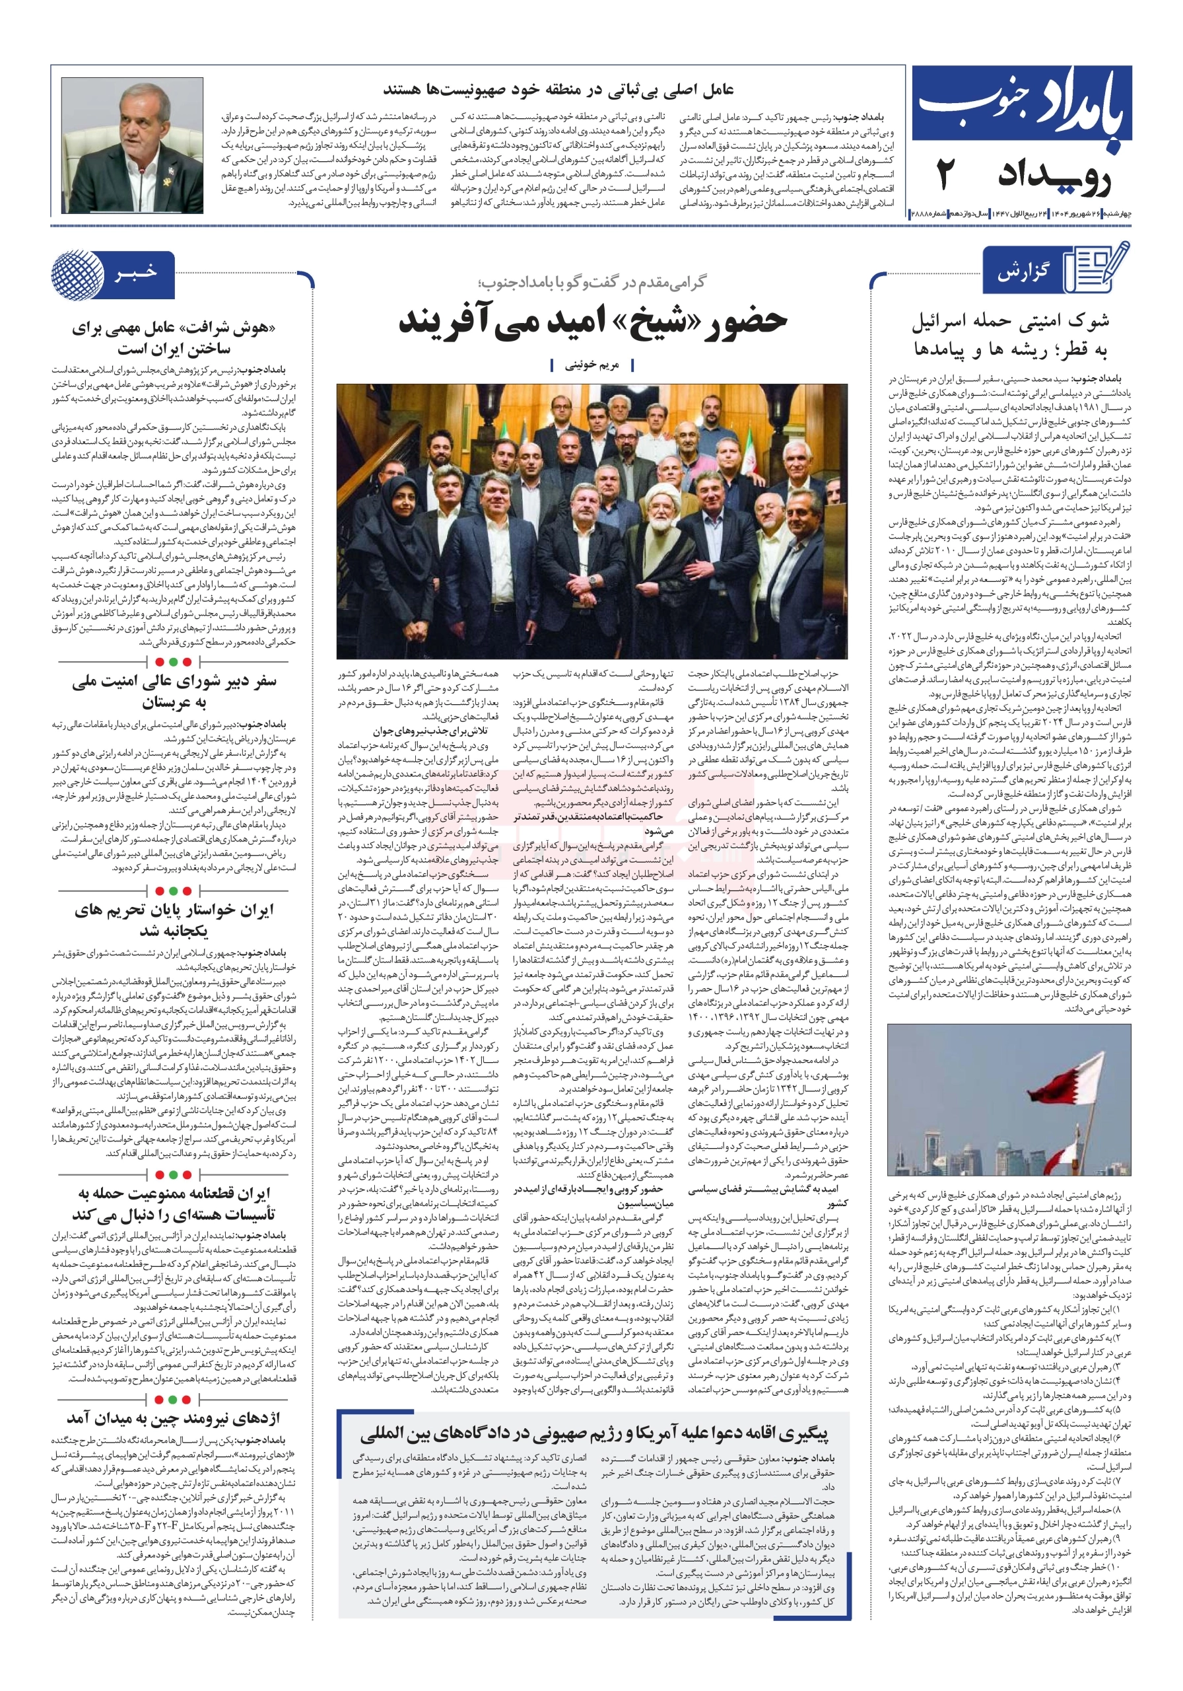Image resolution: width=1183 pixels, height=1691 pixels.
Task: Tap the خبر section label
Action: coord(135,273)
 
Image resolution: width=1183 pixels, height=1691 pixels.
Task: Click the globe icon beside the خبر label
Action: coord(77,275)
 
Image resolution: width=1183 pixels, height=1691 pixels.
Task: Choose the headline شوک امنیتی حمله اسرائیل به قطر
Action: coord(1010,334)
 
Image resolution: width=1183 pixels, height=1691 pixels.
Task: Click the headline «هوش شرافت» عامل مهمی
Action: coord(174,338)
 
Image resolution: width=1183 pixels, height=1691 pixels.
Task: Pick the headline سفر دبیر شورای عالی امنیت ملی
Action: coord(174,691)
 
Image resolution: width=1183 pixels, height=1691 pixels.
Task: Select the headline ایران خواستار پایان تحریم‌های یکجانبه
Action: coord(174,920)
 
